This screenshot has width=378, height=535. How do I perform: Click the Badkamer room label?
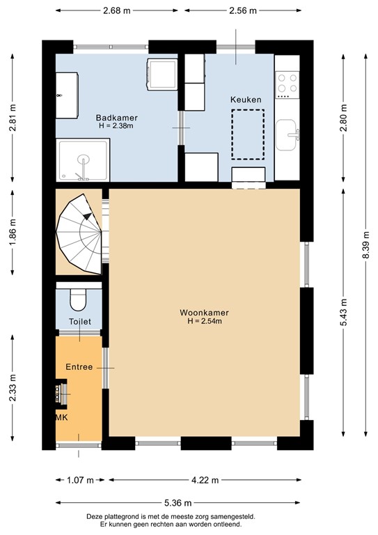tap(116, 117)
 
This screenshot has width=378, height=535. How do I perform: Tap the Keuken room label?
tap(246, 100)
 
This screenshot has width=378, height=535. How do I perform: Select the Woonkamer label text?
tap(204, 313)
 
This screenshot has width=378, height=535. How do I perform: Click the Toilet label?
tap(79, 322)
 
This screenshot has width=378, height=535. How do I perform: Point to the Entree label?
tap(79, 366)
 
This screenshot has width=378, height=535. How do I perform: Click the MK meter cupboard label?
tap(62, 417)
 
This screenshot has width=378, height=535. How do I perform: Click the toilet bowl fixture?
tap(78, 300)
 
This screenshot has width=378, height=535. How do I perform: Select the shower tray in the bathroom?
tap(83, 161)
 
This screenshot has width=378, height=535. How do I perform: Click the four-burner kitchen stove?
tap(288, 84)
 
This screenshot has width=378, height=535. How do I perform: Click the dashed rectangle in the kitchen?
tap(248, 134)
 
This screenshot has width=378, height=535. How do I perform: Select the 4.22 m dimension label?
tap(205, 480)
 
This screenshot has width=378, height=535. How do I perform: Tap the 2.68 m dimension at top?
tap(116, 10)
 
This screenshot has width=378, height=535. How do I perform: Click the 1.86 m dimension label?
tap(13, 232)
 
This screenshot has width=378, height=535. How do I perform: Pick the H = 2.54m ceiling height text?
tap(204, 322)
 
